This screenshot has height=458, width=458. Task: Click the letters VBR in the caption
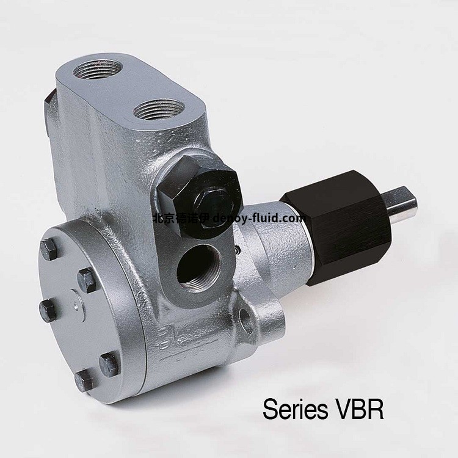(358, 410)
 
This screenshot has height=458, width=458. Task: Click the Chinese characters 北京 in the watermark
(160, 218)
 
